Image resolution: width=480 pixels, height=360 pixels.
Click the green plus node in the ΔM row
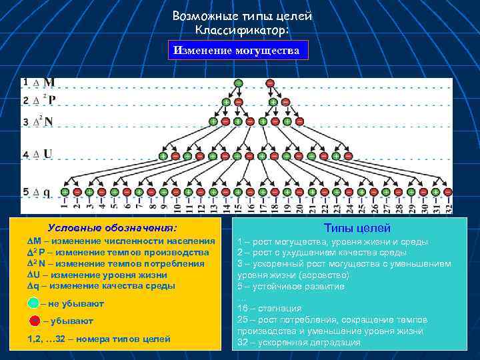click(x=238, y=83)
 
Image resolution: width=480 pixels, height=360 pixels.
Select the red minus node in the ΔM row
click(x=269, y=83)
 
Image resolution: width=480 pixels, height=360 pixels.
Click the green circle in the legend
click(x=34, y=303)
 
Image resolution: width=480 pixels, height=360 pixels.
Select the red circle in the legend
click(x=35, y=321)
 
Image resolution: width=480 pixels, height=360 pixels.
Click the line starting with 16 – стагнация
click(x=269, y=309)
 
